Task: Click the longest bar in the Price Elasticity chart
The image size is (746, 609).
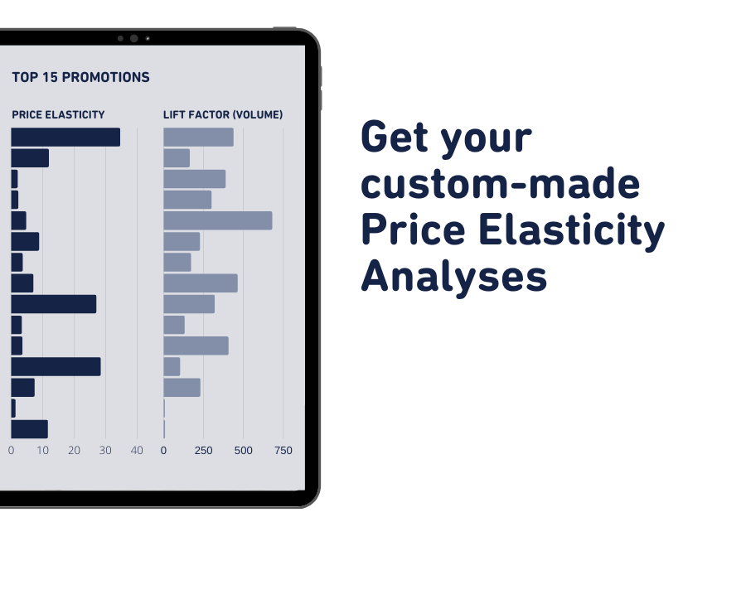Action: tap(65, 138)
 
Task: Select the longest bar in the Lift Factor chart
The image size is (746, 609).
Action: tap(217, 220)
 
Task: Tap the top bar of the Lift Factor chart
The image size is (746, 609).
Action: tap(198, 138)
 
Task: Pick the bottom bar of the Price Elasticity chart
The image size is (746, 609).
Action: tap(29, 429)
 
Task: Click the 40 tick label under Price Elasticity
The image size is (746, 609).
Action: tap(137, 451)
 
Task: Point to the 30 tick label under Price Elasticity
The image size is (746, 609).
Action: tap(105, 451)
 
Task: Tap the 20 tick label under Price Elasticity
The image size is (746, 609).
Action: tap(74, 451)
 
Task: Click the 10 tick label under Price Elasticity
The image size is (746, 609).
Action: tap(42, 451)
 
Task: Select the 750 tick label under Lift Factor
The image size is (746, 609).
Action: tap(283, 451)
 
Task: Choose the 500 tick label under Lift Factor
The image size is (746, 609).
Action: tap(243, 451)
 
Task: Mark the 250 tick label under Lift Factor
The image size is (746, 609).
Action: tap(203, 451)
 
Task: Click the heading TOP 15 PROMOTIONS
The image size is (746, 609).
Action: tap(80, 78)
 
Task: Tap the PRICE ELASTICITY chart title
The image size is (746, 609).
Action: tap(58, 115)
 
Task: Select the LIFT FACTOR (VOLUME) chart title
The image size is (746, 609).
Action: tap(223, 115)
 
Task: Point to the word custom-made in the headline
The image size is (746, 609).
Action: tap(501, 184)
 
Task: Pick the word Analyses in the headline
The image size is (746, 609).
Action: tap(454, 277)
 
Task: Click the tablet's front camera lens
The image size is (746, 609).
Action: tap(133, 38)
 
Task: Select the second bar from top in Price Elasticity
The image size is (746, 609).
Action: tap(30, 158)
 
